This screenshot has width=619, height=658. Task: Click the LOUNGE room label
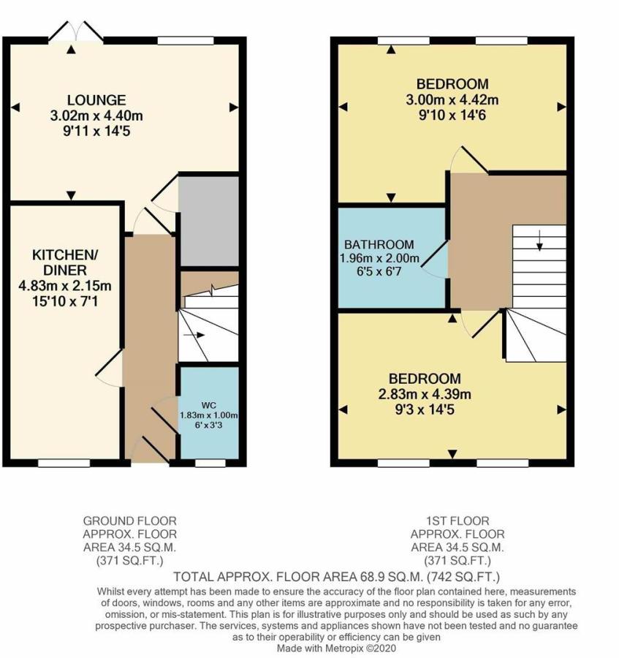[x=96, y=100]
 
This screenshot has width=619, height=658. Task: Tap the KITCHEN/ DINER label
[x=65, y=262]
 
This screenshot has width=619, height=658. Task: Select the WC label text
[x=209, y=405]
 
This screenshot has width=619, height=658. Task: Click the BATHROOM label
[x=379, y=244]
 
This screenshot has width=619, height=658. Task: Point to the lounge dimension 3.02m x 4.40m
[x=96, y=116]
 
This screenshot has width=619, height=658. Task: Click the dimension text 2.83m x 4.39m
[x=425, y=394]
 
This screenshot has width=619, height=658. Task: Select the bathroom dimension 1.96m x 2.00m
[x=379, y=258]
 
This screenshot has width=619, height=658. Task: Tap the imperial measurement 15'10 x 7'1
[x=65, y=301]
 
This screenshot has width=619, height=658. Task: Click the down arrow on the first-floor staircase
[x=540, y=241]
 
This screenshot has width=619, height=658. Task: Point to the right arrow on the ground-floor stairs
[x=194, y=335]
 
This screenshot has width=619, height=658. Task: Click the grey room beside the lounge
[x=209, y=221]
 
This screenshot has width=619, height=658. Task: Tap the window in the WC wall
[x=210, y=464]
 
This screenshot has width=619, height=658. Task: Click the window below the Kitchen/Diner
[x=64, y=464]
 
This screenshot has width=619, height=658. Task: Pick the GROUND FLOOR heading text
[x=130, y=521]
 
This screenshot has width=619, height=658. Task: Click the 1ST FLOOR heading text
[x=457, y=521]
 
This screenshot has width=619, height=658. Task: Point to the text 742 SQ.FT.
[x=463, y=577]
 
